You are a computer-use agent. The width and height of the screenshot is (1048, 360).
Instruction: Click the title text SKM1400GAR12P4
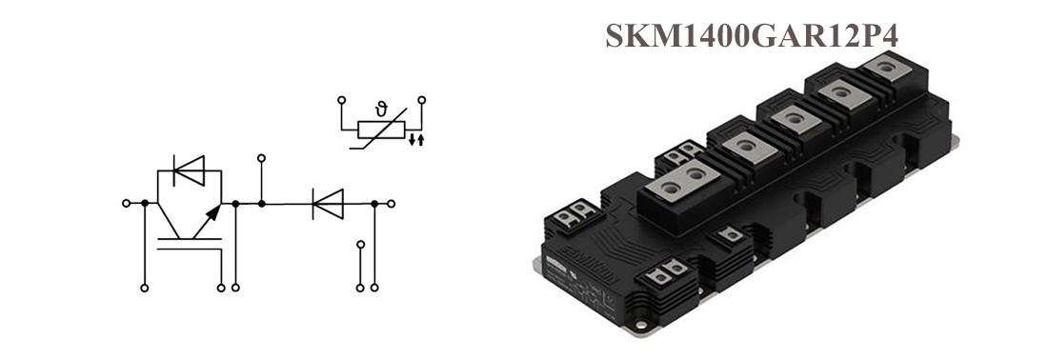pos(752,36)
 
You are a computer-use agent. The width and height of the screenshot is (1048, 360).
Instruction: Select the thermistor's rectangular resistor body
pos(382,130)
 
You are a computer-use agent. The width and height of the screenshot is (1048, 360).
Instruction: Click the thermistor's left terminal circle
pos(341,100)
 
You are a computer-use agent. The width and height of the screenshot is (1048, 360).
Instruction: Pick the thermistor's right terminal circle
pos(422,100)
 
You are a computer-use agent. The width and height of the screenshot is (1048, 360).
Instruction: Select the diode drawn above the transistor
pos(190,170)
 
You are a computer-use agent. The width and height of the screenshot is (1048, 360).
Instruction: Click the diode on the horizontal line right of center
pos(328,204)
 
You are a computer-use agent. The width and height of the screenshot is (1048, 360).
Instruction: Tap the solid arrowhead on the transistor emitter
pos(213,212)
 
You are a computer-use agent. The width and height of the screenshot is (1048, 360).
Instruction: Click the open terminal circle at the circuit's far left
pos(127,203)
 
